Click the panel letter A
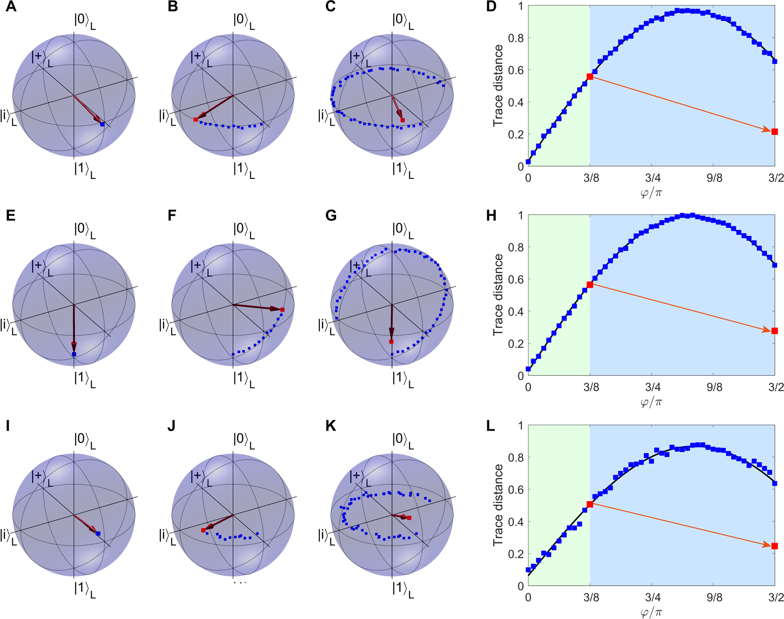point(11,7)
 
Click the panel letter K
point(330,426)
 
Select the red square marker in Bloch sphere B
point(195,119)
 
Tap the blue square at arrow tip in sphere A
point(102,124)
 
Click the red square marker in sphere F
point(282,309)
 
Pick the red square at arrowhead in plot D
point(774,132)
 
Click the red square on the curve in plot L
point(590,504)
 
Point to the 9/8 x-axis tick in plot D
point(714,178)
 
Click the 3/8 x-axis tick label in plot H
point(591,387)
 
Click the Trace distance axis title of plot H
point(498,295)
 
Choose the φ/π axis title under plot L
point(651,612)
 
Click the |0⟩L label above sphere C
point(402,21)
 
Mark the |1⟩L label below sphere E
point(84,379)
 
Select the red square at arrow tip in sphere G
point(391,342)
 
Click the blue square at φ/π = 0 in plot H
point(528,369)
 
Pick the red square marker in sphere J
point(203,530)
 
